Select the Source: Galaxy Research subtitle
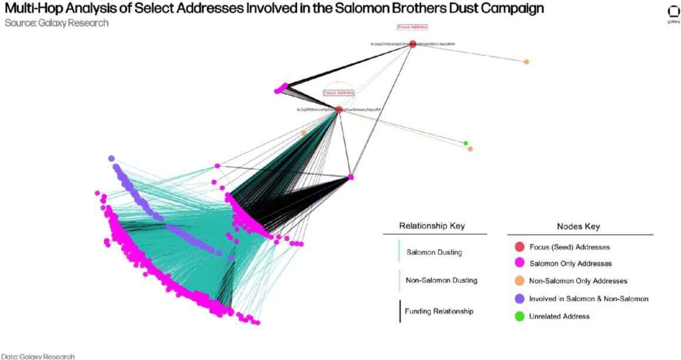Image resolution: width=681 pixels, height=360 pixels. [56, 23]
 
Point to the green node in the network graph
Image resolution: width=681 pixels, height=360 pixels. [466, 143]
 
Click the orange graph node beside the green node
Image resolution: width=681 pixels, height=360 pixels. [470, 149]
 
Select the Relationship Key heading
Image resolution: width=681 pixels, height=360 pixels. [432, 226]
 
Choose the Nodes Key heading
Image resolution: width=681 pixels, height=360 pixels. [578, 226]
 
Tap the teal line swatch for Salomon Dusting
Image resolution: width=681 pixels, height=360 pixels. [399, 251]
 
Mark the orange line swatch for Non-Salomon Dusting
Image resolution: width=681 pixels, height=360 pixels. [399, 281]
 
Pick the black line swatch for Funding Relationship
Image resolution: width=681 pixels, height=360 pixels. [399, 311]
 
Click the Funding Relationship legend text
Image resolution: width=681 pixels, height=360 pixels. [439, 311]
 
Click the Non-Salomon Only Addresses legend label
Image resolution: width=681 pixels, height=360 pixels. [578, 281]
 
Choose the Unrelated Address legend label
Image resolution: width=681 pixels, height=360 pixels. [559, 316]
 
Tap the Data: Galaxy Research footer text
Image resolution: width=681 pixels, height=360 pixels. [38, 356]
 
